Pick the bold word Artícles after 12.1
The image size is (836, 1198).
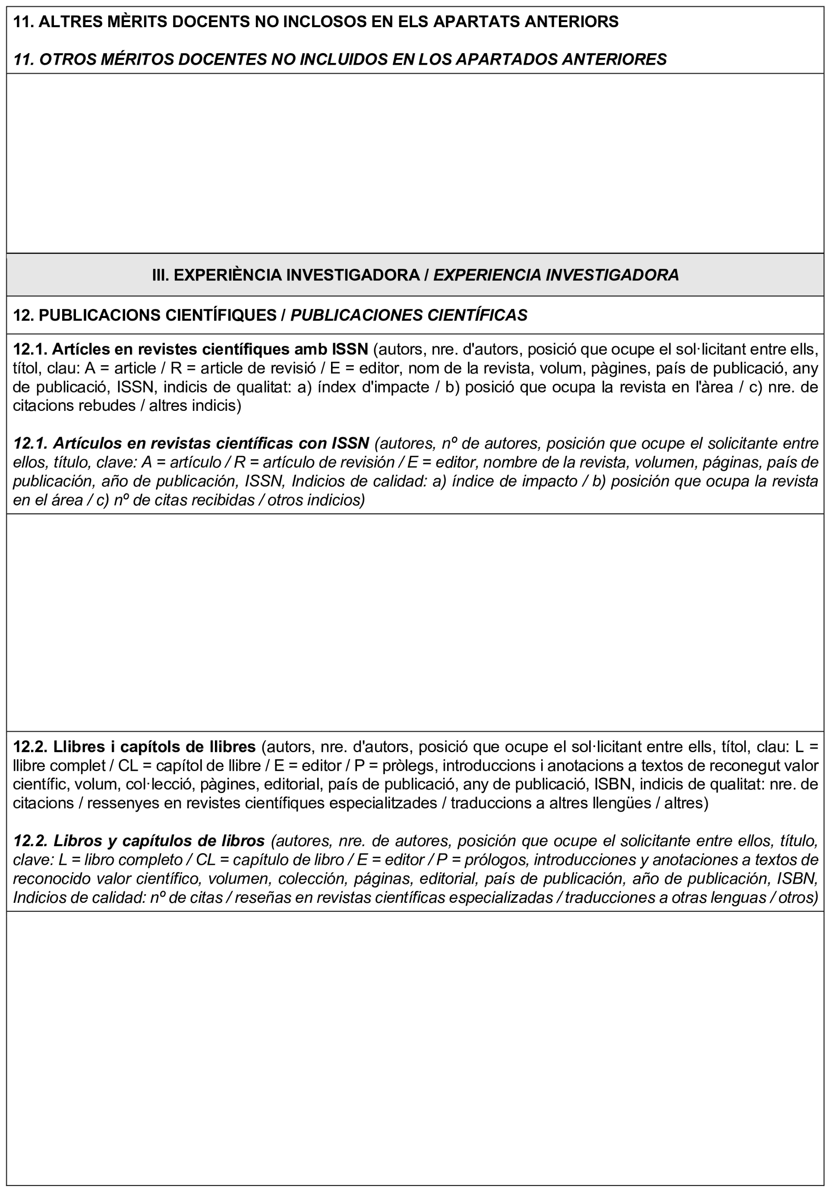point(81,349)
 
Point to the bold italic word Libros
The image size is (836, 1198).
point(78,841)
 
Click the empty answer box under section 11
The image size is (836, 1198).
point(415,163)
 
